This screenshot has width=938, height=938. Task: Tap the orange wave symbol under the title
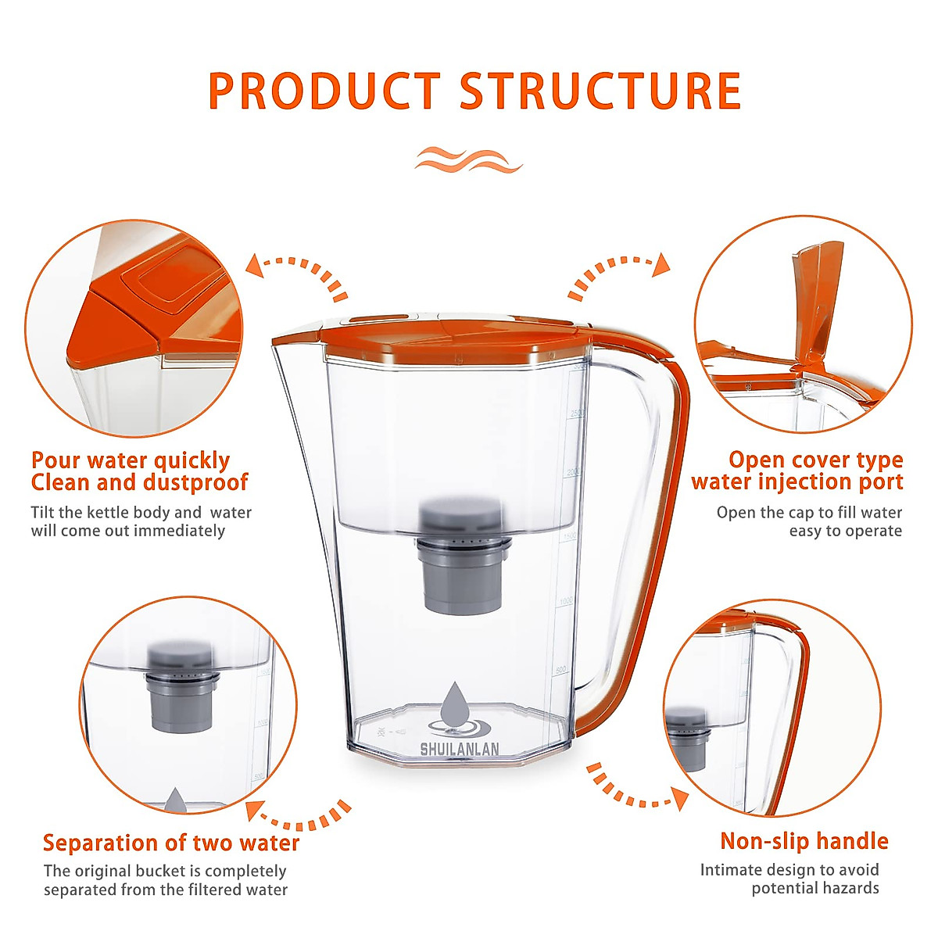point(468,159)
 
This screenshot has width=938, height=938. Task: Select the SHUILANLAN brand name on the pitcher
point(460,749)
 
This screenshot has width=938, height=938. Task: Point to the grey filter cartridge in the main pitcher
point(460,555)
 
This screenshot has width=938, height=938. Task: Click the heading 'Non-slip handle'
point(804,841)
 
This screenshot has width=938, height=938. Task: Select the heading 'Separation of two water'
point(171,843)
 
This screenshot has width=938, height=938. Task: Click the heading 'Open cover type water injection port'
point(797,471)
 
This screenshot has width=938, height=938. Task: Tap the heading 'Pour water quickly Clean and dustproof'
point(139,471)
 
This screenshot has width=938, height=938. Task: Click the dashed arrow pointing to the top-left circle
point(297,274)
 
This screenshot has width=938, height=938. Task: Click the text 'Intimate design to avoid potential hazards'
point(789,879)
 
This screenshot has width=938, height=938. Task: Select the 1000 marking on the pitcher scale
point(565,601)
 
